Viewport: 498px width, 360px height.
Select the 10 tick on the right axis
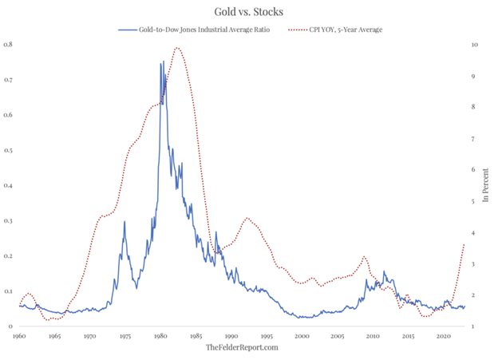(x=475, y=45)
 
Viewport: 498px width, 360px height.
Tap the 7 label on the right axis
(x=476, y=139)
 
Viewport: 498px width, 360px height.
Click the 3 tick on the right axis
(x=476, y=264)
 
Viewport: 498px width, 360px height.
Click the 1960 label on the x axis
(x=19, y=338)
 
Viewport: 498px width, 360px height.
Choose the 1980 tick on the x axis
(x=160, y=338)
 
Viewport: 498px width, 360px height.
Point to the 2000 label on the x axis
(x=302, y=338)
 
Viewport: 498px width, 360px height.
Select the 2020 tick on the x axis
(x=444, y=338)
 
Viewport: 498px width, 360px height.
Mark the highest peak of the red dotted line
(x=177, y=48)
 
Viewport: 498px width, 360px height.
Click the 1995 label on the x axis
(x=267, y=338)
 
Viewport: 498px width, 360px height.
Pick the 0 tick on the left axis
(x=10, y=326)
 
